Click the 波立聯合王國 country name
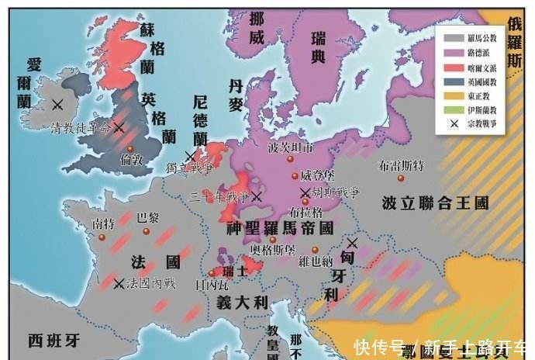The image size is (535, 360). click(436, 204)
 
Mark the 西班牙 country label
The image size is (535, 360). click(54, 339)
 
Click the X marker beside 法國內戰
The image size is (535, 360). click(119, 284)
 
